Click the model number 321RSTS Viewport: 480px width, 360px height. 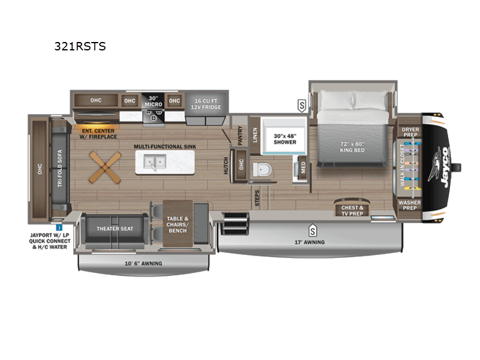pyautogui.click(x=80, y=46)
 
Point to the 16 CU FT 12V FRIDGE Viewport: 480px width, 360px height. pyautogui.click(x=203, y=103)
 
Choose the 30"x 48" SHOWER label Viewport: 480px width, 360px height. pyautogui.click(x=285, y=139)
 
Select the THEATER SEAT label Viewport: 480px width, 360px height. pyautogui.click(x=115, y=229)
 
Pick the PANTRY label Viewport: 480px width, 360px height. pyautogui.click(x=239, y=136)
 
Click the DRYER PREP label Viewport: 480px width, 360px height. pyautogui.click(x=410, y=131)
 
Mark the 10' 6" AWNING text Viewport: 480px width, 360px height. pyautogui.click(x=143, y=263)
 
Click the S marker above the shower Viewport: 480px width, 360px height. pyautogui.click(x=301, y=106)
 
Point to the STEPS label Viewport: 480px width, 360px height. pyautogui.click(x=256, y=199)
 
